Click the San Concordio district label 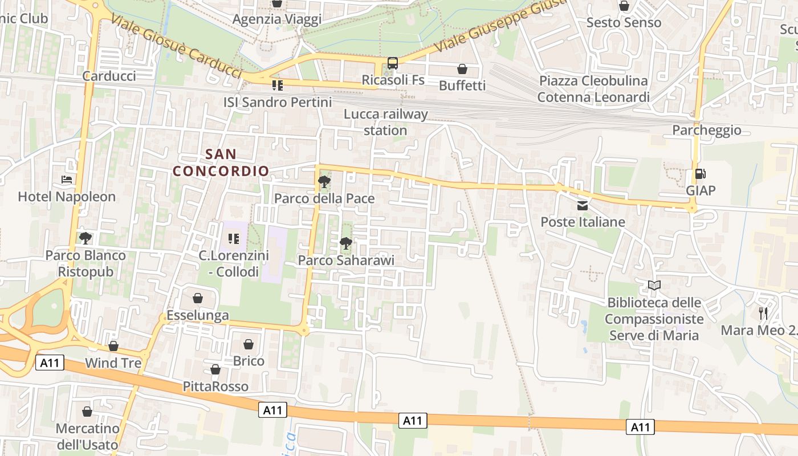(x=221, y=162)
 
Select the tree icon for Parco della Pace (x=324, y=182)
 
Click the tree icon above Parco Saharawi (x=346, y=243)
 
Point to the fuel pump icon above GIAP (x=700, y=174)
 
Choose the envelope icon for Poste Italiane (x=583, y=205)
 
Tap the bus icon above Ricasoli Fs (x=393, y=63)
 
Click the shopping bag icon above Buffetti (x=462, y=69)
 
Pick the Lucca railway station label (x=385, y=122)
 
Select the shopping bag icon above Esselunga (x=197, y=298)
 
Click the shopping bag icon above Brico (x=249, y=344)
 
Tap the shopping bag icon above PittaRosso (x=215, y=370)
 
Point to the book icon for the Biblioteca (x=654, y=285)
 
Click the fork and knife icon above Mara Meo (x=763, y=313)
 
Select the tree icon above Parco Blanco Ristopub (x=86, y=238)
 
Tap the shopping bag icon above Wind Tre (x=113, y=346)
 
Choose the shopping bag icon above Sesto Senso (x=624, y=6)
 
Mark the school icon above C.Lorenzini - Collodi (x=233, y=238)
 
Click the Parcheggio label (x=707, y=130)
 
